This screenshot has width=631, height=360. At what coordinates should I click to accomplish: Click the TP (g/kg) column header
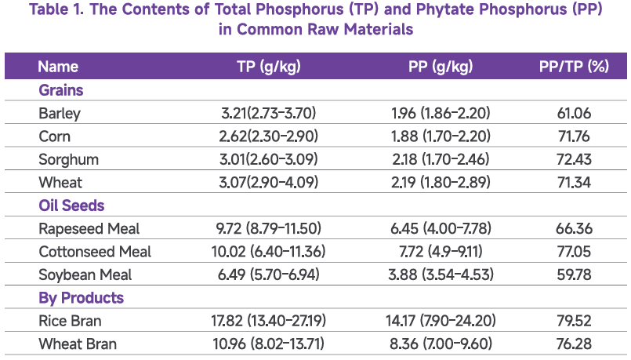point(268,67)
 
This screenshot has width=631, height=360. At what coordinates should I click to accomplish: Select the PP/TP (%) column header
point(574,67)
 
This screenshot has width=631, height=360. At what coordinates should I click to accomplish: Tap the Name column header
point(58,67)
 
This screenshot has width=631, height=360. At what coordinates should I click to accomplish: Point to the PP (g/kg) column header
point(441,67)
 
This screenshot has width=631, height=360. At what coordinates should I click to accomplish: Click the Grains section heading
point(61,90)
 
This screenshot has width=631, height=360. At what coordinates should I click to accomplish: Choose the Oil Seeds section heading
point(71,205)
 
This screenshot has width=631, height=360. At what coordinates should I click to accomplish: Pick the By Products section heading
point(81,298)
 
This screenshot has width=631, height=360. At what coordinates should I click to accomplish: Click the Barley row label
point(60,114)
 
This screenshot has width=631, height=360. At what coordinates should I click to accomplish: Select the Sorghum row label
point(68,160)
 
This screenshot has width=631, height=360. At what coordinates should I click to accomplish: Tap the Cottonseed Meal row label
point(95,252)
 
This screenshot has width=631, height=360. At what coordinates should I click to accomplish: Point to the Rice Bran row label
point(71,321)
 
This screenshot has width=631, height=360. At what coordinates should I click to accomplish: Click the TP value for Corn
point(268,136)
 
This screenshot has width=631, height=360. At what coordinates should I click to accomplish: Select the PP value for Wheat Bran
point(440,344)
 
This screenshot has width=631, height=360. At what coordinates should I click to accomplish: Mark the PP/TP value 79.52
point(574,321)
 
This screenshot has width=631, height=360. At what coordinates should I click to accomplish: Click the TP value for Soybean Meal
point(268,275)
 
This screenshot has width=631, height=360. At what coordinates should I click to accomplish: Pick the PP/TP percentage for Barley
point(574,114)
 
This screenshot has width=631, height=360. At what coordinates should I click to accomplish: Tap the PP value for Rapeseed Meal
point(440,229)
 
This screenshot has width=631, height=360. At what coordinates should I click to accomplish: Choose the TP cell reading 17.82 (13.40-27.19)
point(268,321)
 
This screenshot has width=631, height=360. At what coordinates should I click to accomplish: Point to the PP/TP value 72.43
point(574,160)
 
